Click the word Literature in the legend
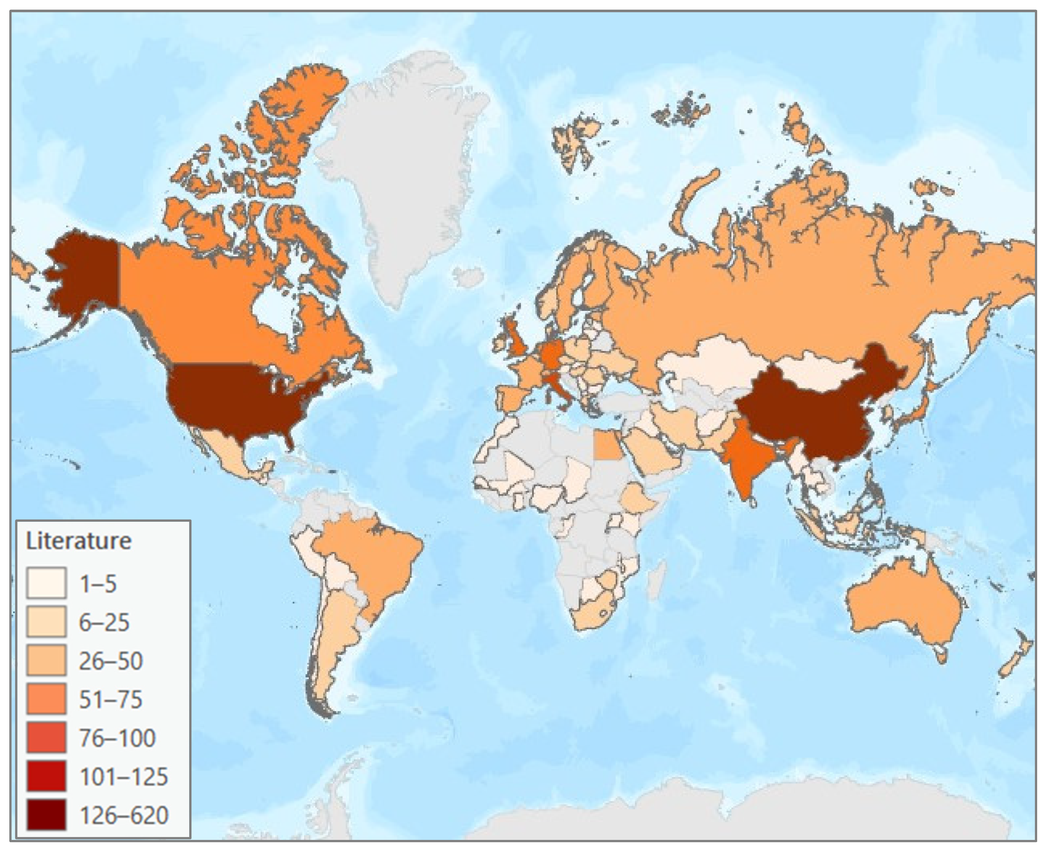pyautogui.click(x=79, y=541)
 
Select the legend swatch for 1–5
pyautogui.click(x=46, y=582)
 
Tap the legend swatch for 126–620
pyautogui.click(x=46, y=814)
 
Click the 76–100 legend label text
pyautogui.click(x=117, y=738)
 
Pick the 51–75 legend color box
pyautogui.click(x=46, y=699)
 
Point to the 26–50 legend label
pyautogui.click(x=111, y=661)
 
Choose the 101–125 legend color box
pyautogui.click(x=46, y=776)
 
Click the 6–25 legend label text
pyautogui.click(x=104, y=622)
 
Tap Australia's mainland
pyautogui.click(x=902, y=605)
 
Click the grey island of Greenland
pyautogui.click(x=400, y=171)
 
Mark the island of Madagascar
pyautogui.click(x=656, y=581)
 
